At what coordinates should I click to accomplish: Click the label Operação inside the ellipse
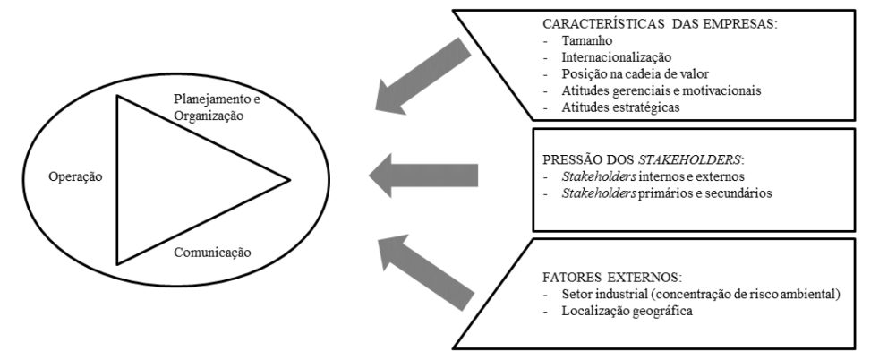(x=76, y=177)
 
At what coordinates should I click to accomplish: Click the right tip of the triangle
(x=289, y=180)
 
